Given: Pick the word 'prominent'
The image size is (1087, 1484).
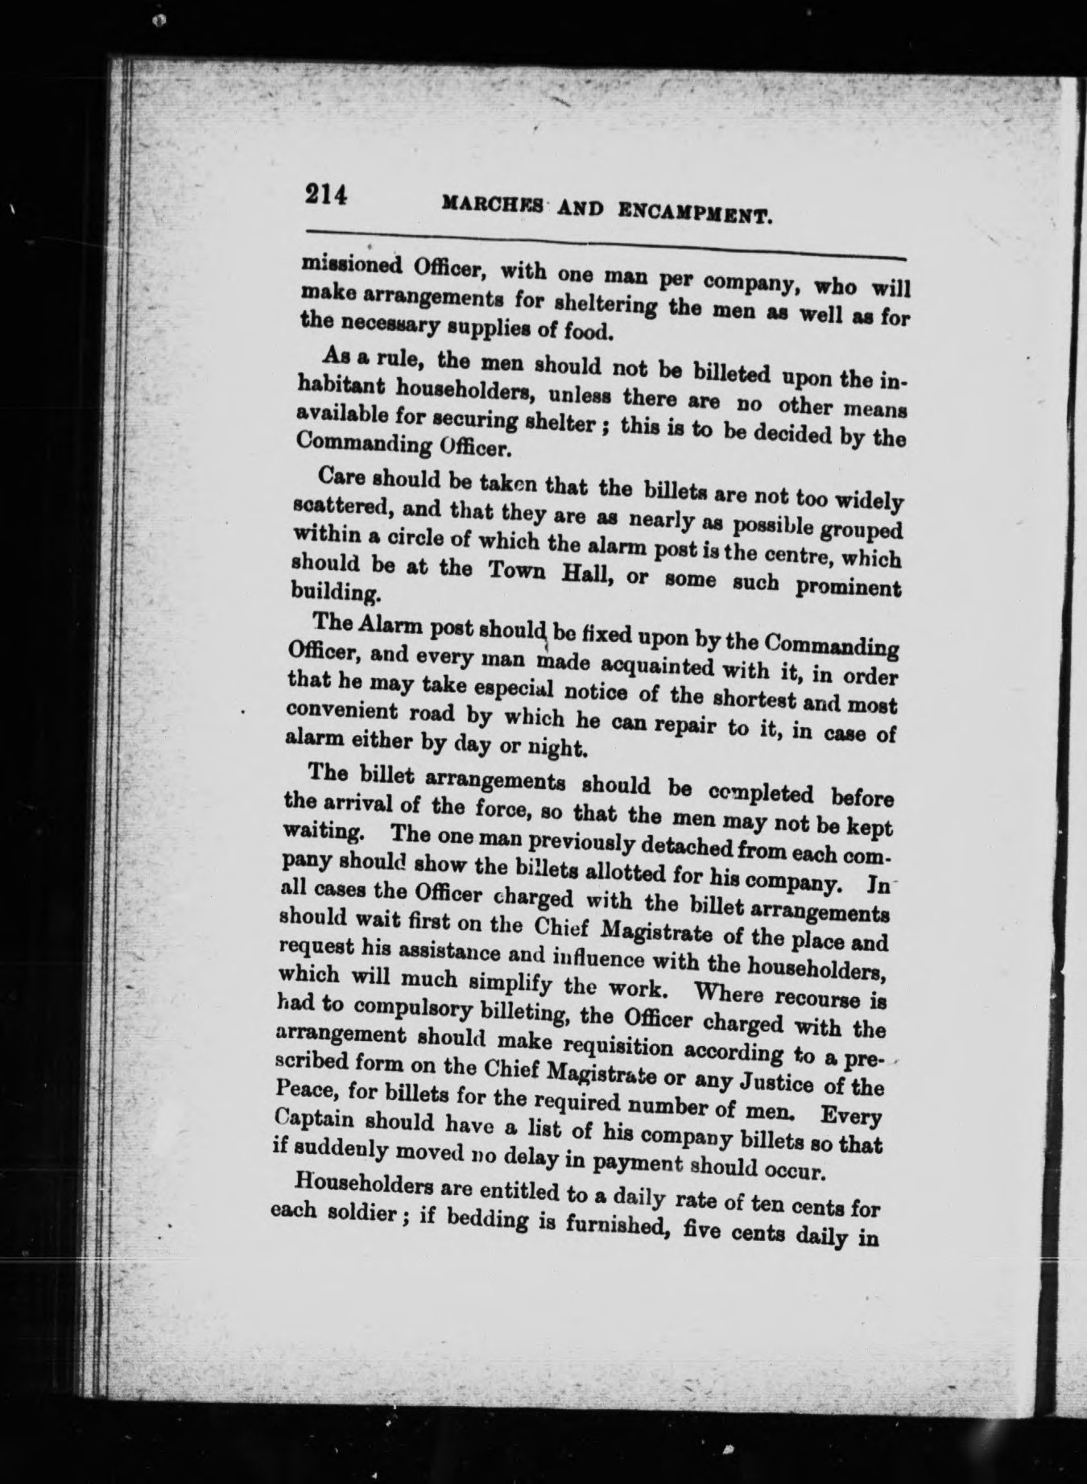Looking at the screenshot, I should point(846,588).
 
